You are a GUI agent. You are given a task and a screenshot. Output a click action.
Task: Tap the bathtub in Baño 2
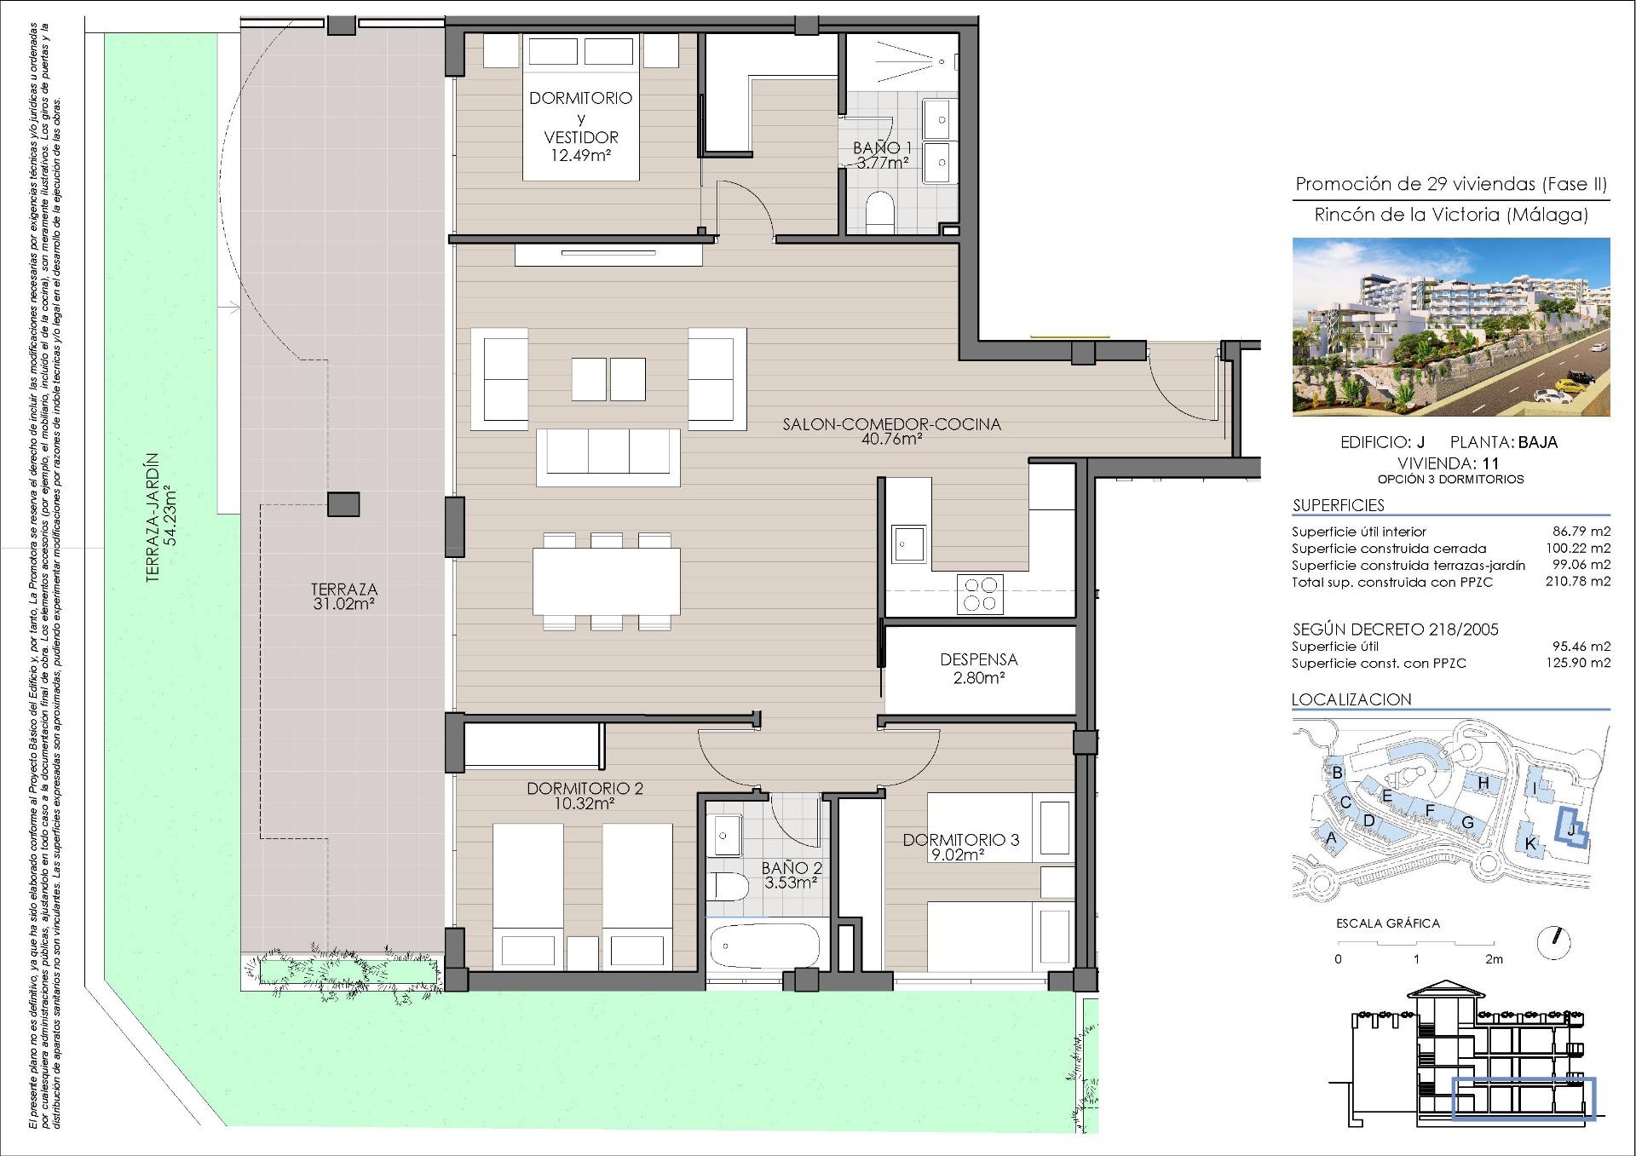[764, 946]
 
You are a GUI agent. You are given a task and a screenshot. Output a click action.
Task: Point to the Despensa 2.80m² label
[978, 669]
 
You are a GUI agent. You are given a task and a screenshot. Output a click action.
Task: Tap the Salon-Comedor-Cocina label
[891, 432]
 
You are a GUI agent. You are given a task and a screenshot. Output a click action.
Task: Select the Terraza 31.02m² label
[344, 596]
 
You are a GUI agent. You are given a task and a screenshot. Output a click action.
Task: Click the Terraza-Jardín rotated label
[162, 517]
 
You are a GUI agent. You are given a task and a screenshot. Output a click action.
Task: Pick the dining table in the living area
[607, 582]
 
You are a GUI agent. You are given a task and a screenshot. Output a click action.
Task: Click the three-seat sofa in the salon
[608, 457]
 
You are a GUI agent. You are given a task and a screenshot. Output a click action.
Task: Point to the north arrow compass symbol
[1554, 942]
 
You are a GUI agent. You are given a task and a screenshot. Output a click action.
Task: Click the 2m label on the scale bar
[1494, 959]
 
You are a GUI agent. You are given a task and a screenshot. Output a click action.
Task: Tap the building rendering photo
[1451, 327]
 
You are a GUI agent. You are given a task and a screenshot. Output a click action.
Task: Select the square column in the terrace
[343, 504]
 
